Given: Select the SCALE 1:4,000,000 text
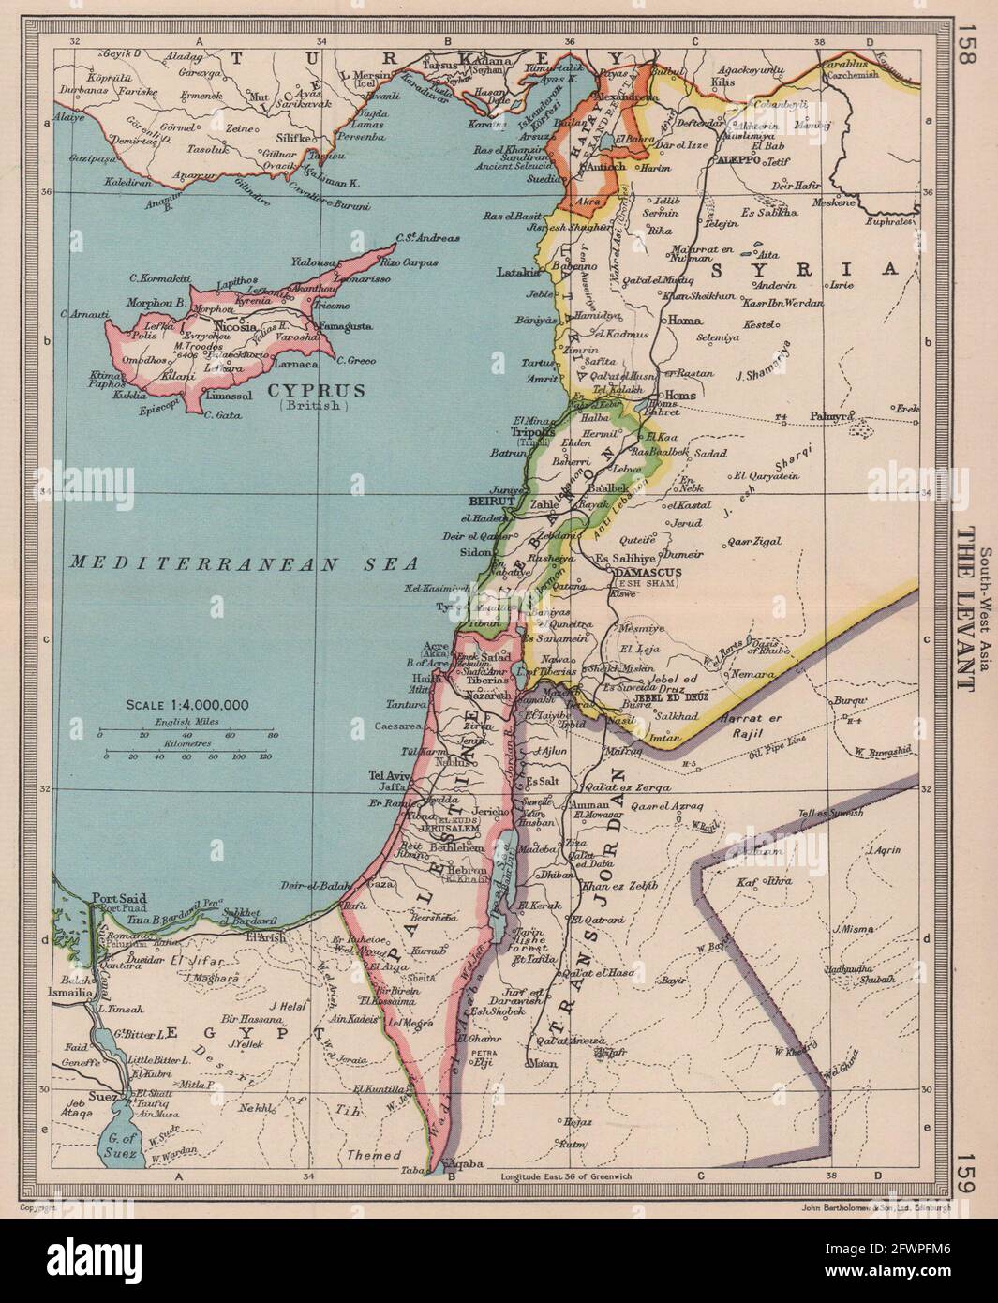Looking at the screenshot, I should point(184,704).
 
